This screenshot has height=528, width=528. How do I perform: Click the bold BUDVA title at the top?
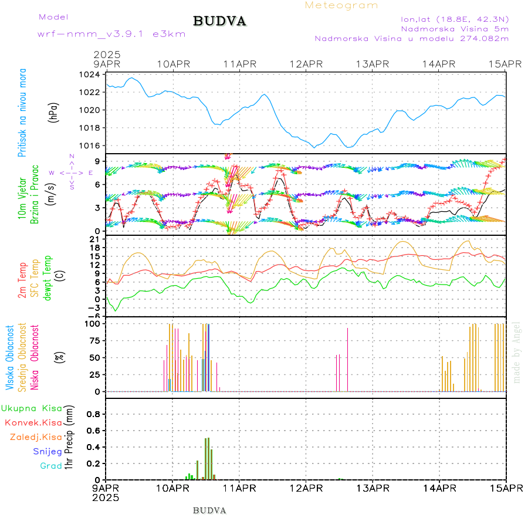[219, 21]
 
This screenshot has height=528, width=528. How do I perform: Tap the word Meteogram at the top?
[341, 5]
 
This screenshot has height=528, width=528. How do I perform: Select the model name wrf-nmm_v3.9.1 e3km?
[111, 34]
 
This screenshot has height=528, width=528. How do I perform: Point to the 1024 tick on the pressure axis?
[90, 75]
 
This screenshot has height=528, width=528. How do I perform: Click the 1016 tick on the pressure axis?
[90, 145]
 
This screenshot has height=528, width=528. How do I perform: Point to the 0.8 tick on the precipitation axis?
[93, 414]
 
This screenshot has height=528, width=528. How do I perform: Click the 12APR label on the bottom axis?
[306, 488]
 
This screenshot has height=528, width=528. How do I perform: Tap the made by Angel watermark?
[517, 352]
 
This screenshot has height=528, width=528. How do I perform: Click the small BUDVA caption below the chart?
[209, 510]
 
